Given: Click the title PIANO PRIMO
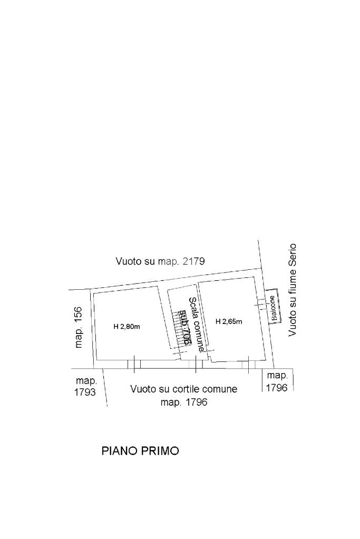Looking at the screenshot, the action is [x=140, y=451].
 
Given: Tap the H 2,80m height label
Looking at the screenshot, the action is [x=127, y=327].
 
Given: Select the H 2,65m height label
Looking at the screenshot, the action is [x=229, y=321].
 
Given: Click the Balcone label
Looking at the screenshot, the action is [x=273, y=309].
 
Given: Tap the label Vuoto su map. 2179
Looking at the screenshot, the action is [x=160, y=261].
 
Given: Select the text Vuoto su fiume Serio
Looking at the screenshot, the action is [x=293, y=289].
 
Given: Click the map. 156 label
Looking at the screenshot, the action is [x=79, y=327].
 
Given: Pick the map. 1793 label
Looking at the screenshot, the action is [x=86, y=386].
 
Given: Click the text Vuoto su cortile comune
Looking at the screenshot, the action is [x=184, y=389].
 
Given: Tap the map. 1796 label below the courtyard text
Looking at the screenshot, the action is [x=184, y=403].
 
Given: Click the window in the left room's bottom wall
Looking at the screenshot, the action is [x=134, y=363].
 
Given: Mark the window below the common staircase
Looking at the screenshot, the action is [x=196, y=363].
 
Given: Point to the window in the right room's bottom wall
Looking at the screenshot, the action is [x=248, y=364].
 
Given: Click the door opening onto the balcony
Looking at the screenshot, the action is [x=261, y=304].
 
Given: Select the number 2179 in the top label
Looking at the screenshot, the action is [x=193, y=261].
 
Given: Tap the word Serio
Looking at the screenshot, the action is [x=293, y=255].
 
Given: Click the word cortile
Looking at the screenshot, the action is [x=185, y=389].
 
